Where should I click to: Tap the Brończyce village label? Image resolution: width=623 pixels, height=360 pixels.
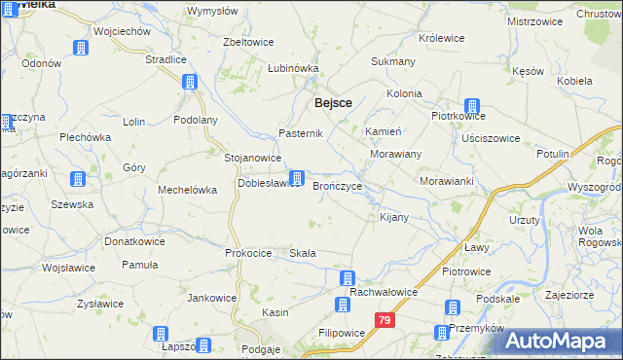(x=338, y=186)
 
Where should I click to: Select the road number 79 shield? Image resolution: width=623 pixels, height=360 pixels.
(x=386, y=319)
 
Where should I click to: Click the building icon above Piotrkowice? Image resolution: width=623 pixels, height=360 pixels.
(x=472, y=107)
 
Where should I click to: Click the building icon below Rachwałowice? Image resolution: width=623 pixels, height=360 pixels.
(x=343, y=306)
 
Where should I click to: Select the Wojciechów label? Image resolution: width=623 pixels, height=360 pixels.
(x=122, y=31)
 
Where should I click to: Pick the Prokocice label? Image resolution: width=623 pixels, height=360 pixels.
(x=247, y=253)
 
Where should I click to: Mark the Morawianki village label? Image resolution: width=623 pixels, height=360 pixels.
(x=446, y=182)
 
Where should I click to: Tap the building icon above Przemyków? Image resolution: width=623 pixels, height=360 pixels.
(x=453, y=307)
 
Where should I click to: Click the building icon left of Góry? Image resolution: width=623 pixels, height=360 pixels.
(x=76, y=179)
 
